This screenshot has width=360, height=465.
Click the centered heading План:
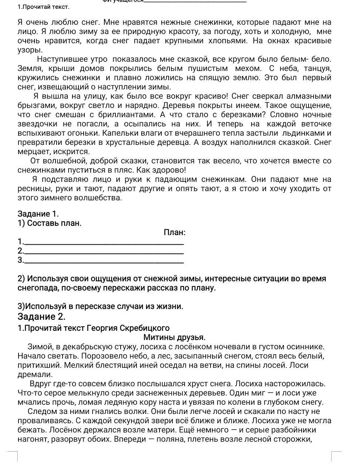(x=174, y=232)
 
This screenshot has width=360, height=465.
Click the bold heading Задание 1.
(x=38, y=214)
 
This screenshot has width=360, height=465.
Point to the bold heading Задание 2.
(x=41, y=317)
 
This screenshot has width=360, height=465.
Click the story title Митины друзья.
(x=174, y=337)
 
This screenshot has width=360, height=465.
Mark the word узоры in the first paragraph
(x=30, y=50)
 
